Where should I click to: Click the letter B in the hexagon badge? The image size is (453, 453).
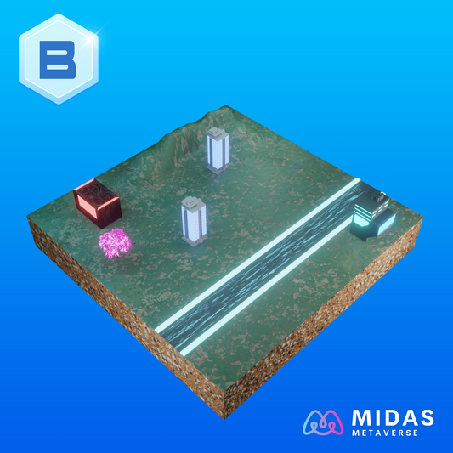(x=58, y=59)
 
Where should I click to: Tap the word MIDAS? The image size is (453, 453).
(x=393, y=418)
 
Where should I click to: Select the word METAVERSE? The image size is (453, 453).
(x=385, y=433)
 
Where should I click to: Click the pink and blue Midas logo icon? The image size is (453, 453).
(x=323, y=422)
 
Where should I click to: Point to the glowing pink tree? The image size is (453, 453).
(x=115, y=243)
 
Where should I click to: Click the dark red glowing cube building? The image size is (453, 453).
(x=98, y=203)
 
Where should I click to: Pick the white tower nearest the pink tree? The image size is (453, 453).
(x=194, y=221)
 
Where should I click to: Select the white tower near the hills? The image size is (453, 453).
(x=218, y=150)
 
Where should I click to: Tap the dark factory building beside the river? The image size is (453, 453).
(x=372, y=217)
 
